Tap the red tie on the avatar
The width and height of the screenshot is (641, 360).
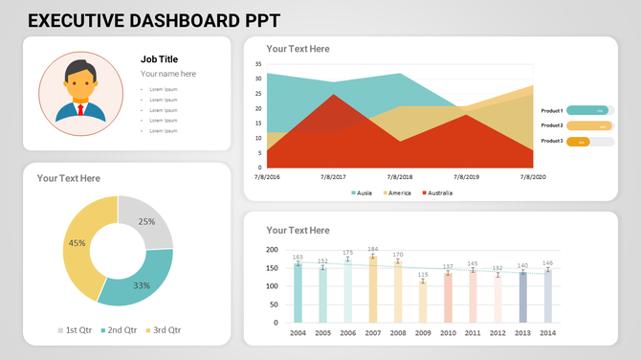pyautogui.click(x=80, y=108)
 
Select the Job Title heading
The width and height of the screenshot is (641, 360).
pyautogui.click(x=159, y=58)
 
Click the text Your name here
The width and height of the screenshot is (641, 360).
pyautogui.click(x=167, y=74)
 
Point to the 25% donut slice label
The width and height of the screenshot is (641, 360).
pyautogui.click(x=146, y=221)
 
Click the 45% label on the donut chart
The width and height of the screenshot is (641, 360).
pyautogui.click(x=77, y=243)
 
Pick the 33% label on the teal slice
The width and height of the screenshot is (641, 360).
pyautogui.click(x=142, y=285)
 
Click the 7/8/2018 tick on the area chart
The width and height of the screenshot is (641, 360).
pyautogui.click(x=399, y=177)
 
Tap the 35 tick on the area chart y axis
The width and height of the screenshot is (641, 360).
pyautogui.click(x=258, y=64)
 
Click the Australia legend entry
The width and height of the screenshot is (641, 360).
pyautogui.click(x=437, y=192)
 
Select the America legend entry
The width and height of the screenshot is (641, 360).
pyautogui.click(x=397, y=192)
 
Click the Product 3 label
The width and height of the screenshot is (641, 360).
pyautogui.click(x=551, y=141)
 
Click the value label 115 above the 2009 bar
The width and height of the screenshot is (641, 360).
pyautogui.click(x=423, y=275)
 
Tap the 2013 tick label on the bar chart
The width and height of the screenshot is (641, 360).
pyautogui.click(x=522, y=333)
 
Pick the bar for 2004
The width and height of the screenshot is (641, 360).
pyautogui.click(x=298, y=293)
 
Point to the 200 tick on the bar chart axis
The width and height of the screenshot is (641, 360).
pyautogui.click(x=272, y=250)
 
